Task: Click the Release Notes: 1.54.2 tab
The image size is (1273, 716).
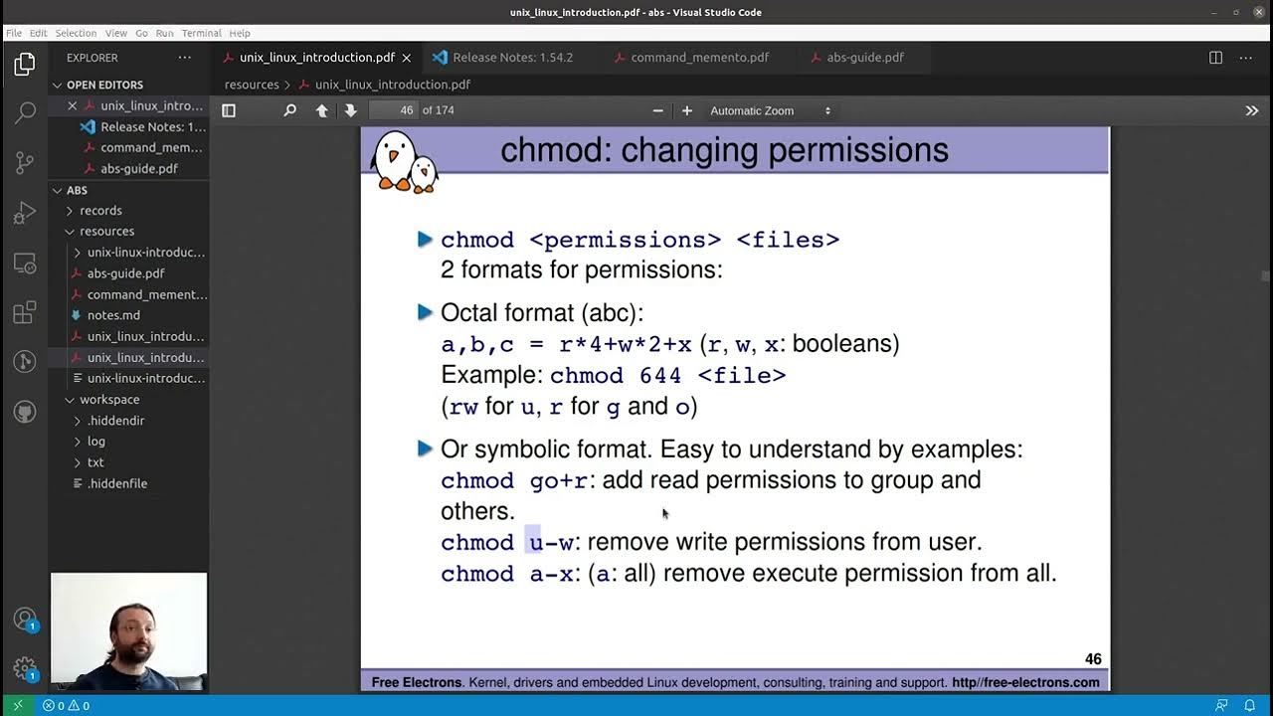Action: point(512,58)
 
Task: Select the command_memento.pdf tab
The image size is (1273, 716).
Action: point(699,58)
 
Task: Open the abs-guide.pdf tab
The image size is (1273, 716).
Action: point(864,58)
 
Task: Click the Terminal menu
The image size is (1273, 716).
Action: point(201,33)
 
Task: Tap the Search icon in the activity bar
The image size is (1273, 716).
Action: point(25,112)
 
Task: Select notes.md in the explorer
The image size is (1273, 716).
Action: point(113,315)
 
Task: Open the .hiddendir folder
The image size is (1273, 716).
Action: point(115,421)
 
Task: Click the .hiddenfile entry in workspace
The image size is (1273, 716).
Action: point(116,483)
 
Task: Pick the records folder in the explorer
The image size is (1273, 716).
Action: point(100,211)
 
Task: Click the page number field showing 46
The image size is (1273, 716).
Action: point(394,110)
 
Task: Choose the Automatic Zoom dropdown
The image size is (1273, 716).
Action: point(770,110)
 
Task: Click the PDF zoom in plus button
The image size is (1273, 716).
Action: point(686,110)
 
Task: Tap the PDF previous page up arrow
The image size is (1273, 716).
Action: point(321,110)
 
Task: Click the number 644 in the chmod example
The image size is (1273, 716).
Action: point(661,376)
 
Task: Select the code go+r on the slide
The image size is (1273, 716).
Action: point(559,481)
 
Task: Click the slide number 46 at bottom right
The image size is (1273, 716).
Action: point(1092,659)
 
